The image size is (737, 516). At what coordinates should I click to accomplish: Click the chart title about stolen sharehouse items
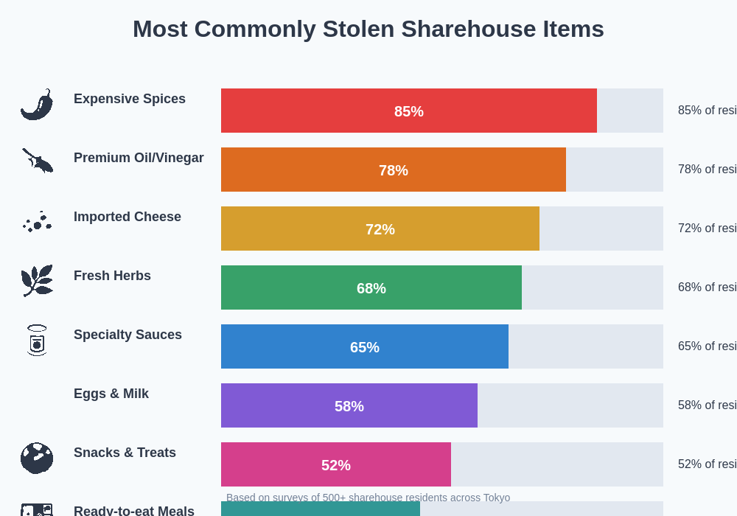(368, 29)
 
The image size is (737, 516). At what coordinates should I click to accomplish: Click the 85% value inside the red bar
(408, 111)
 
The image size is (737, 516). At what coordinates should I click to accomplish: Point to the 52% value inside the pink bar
(335, 465)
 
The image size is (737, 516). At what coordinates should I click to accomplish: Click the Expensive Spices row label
(130, 99)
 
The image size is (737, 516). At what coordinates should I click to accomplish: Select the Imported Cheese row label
(128, 217)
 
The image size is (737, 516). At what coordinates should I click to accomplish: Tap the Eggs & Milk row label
(111, 394)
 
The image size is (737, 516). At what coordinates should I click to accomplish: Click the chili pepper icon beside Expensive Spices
(37, 105)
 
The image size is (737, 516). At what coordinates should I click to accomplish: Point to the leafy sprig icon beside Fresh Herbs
(37, 280)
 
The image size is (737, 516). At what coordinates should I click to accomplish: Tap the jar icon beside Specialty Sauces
(37, 340)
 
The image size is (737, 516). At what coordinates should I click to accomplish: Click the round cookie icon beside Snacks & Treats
(37, 458)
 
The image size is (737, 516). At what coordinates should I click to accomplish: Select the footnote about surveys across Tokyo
(368, 498)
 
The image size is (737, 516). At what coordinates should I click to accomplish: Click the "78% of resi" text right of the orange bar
(707, 170)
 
